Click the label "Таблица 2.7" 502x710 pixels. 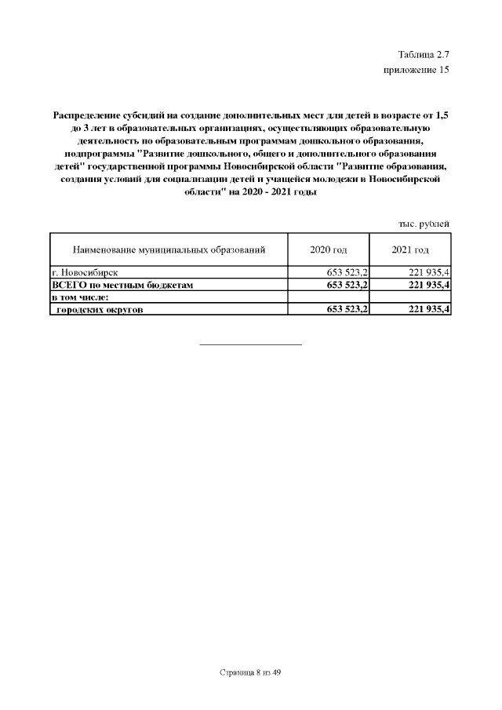(424, 54)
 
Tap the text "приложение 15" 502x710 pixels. (416, 70)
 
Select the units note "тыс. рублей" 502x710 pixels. (424, 224)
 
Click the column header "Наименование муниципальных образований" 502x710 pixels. (169, 250)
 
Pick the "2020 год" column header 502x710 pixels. (329, 250)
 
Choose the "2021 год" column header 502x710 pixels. (410, 250)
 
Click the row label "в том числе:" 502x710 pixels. (79, 297)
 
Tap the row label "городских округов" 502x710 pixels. (99, 310)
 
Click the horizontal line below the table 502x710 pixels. (251, 344)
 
